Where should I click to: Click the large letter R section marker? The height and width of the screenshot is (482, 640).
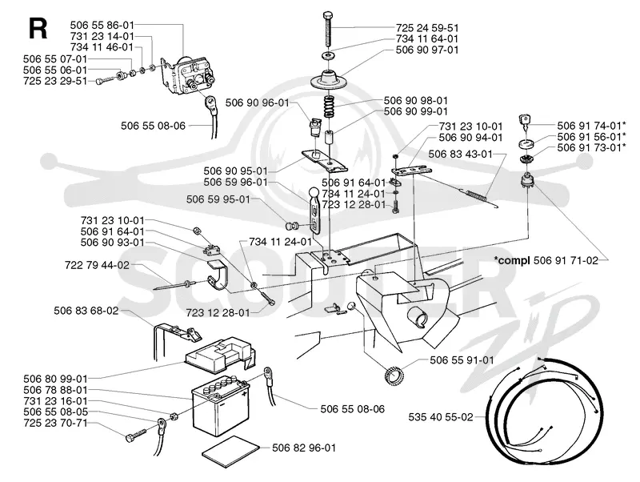pyautogui.click(x=38, y=29)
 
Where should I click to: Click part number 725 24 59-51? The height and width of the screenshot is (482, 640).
pyautogui.click(x=427, y=28)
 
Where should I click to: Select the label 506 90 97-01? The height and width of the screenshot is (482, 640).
pyautogui.click(x=427, y=50)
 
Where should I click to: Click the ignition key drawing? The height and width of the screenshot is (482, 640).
pyautogui.click(x=525, y=123)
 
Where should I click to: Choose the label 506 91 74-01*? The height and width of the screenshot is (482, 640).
pyautogui.click(x=591, y=126)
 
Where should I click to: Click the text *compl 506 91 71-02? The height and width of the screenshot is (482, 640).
pyautogui.click(x=546, y=260)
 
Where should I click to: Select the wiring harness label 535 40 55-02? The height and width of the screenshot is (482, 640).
pyautogui.click(x=441, y=417)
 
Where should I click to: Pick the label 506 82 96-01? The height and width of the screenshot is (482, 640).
pyautogui.click(x=304, y=448)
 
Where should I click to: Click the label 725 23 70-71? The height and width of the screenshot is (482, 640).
pyautogui.click(x=55, y=423)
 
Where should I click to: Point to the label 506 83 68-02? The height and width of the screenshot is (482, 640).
pyautogui.click(x=86, y=311)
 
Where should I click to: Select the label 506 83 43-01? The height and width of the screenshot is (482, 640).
pyautogui.click(x=461, y=154)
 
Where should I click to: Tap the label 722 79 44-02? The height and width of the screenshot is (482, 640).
pyautogui.click(x=97, y=265)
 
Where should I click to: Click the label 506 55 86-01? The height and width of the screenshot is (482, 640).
pyautogui.click(x=102, y=26)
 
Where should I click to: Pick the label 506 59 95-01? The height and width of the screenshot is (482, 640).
pyautogui.click(x=218, y=199)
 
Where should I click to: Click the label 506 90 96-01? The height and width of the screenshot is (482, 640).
pyautogui.click(x=257, y=102)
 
